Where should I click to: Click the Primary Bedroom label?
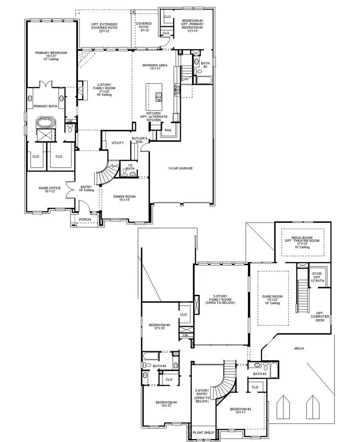pos(51,56)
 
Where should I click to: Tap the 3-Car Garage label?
pos(180,168)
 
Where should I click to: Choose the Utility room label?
pos(118,143)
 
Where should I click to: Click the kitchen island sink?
pos(159,95)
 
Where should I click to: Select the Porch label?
pos(85,220)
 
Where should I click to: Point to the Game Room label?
pos(272,300)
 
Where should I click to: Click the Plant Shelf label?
pos(203,433)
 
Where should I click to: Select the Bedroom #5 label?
pos(160,326)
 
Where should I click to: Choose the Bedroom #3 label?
pos(240,411)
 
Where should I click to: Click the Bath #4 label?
pos(159,366)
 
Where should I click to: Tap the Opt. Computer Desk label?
pos(320,316)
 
